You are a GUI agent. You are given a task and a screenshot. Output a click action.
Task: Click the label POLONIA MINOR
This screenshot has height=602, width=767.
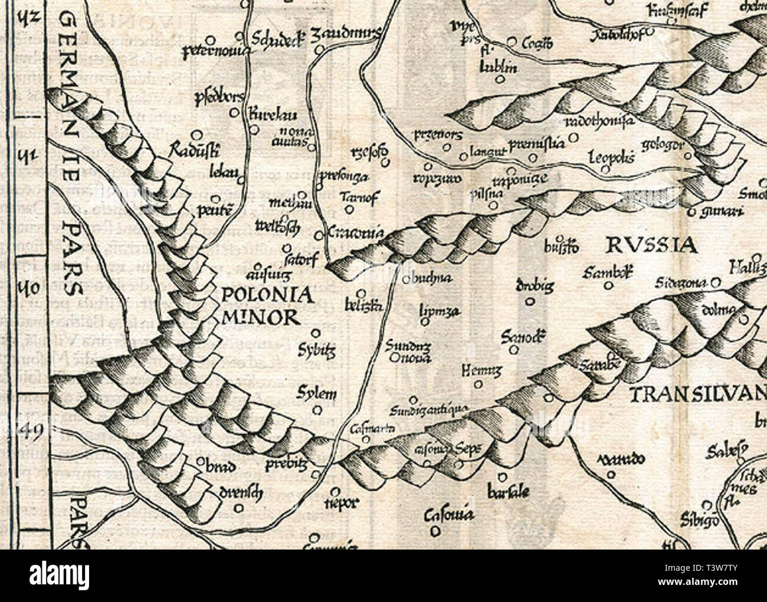(260, 305)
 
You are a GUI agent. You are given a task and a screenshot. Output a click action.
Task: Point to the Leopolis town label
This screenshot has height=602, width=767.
(612, 158)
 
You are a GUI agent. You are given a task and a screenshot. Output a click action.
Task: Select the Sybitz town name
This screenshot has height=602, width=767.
(322, 352)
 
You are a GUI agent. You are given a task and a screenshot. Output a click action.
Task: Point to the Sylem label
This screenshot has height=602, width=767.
(317, 394)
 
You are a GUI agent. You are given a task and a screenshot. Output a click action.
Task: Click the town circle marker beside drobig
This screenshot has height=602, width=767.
(529, 301)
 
